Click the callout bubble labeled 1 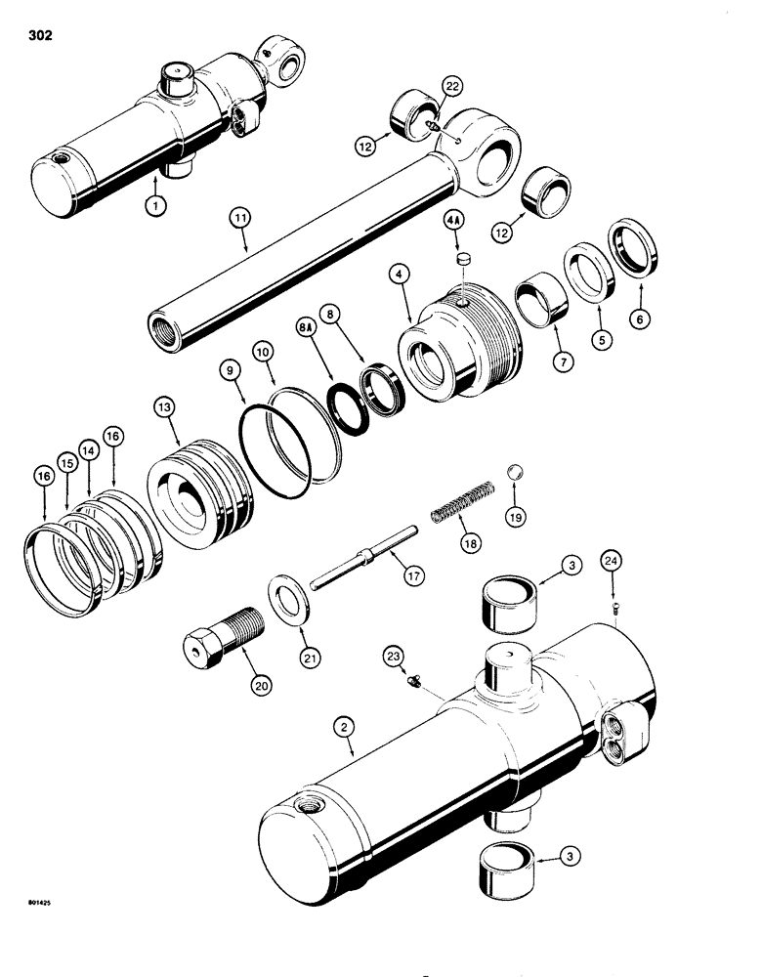(x=152, y=206)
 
